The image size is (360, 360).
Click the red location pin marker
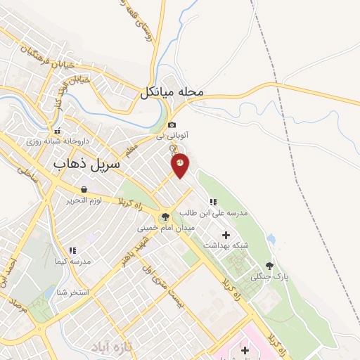(180, 164)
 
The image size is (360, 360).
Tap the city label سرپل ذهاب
(87, 163)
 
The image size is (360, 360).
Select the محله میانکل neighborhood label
(172, 92)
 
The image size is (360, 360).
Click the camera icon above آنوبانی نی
(172, 124)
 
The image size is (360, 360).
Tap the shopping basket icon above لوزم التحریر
(84, 189)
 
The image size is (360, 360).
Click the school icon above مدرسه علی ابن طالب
(213, 202)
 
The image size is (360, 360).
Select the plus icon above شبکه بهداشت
(226, 235)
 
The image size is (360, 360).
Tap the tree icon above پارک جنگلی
(269, 266)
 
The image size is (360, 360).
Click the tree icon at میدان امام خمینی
(165, 217)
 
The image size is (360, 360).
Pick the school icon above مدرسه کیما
(72, 250)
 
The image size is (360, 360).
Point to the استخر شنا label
(74, 292)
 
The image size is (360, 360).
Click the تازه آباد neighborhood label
(111, 347)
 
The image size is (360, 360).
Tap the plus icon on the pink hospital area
(244, 349)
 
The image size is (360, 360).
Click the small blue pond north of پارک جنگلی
(271, 239)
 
